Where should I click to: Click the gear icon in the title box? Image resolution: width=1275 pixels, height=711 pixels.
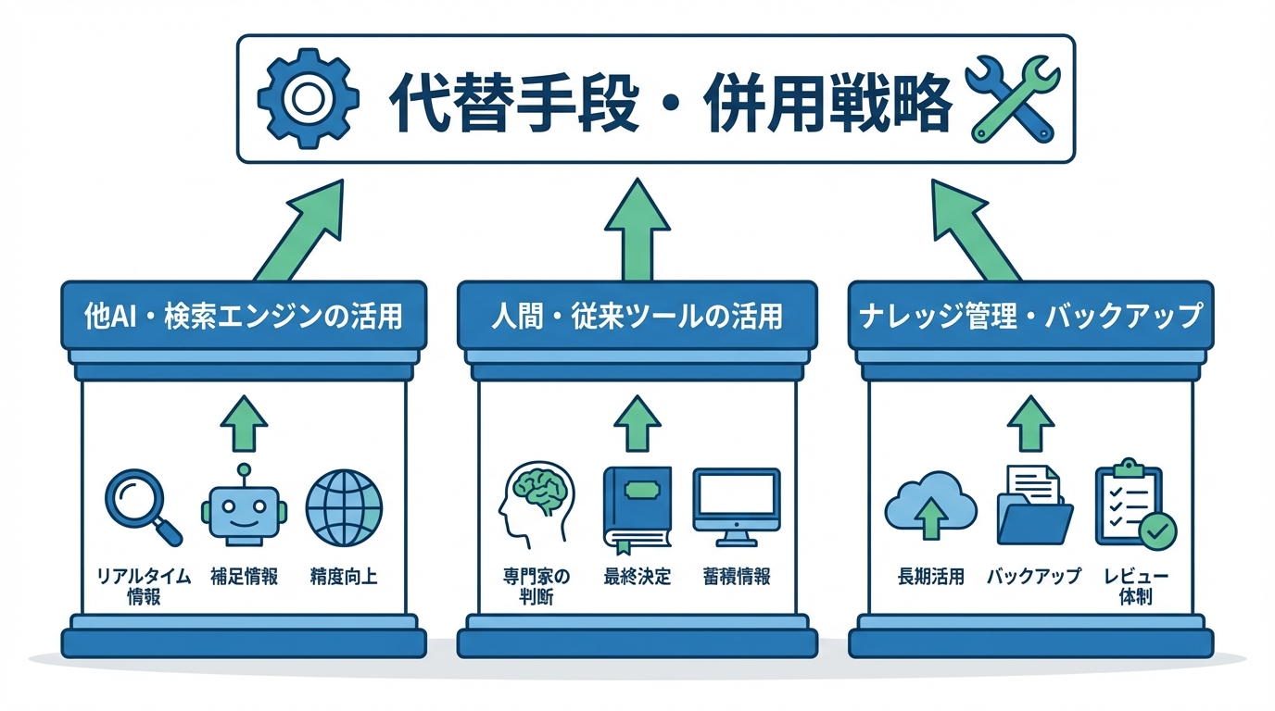307,99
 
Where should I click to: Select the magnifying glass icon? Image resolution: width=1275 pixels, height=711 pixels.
144,505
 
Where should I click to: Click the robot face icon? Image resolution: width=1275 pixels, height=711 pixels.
244,508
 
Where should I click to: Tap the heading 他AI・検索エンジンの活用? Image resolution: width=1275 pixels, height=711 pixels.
244,316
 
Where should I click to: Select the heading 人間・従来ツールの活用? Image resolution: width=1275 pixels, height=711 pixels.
637,316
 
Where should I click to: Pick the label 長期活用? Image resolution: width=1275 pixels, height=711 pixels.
931,577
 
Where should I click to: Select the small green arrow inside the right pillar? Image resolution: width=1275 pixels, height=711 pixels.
1029,423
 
